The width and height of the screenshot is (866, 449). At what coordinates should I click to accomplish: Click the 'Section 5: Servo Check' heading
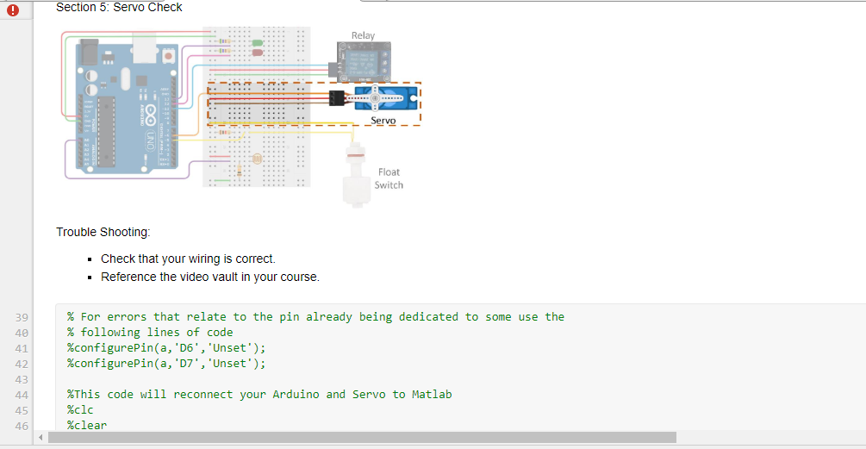click(x=119, y=7)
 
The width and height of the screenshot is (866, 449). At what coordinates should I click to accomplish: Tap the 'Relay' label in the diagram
click(x=363, y=35)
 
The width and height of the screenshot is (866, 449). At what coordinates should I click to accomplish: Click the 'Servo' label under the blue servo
click(x=383, y=121)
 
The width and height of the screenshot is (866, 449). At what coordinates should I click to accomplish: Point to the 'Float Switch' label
click(x=389, y=178)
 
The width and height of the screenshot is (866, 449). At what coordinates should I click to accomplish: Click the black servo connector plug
click(x=337, y=99)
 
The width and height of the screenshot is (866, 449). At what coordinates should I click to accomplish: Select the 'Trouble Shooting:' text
click(x=103, y=232)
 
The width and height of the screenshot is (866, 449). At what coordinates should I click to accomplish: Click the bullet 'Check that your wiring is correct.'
click(x=188, y=259)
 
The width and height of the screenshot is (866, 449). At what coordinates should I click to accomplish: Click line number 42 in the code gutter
click(x=22, y=364)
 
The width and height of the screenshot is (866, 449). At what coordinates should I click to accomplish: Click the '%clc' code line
click(x=80, y=409)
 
